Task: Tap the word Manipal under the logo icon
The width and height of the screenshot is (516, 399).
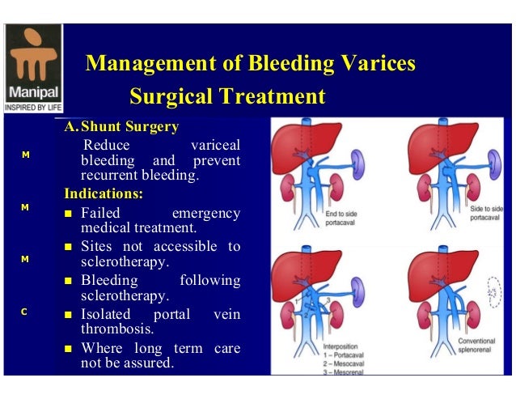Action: click(32, 91)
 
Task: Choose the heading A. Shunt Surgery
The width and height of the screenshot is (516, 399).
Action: click(122, 127)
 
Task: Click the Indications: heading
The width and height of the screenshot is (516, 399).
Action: click(104, 194)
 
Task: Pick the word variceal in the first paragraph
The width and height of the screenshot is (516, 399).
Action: click(214, 146)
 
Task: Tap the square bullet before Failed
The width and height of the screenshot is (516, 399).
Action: click(70, 214)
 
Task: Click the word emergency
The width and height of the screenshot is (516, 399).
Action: click(206, 213)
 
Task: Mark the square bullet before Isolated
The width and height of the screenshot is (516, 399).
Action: click(70, 315)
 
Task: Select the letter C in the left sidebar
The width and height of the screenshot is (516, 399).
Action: click(25, 311)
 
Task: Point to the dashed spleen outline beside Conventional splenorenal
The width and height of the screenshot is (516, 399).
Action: click(493, 297)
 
